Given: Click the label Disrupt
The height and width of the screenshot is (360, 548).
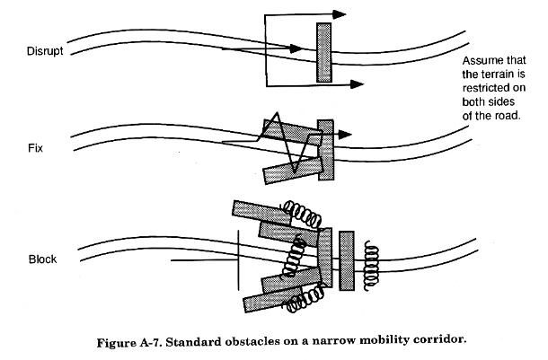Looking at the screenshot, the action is [45, 51].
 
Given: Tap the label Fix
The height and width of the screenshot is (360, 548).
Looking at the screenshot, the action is [35, 148].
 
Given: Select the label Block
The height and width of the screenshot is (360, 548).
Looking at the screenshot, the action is [42, 259].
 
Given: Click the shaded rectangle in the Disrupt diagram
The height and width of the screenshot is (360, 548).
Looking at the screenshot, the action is [324, 53].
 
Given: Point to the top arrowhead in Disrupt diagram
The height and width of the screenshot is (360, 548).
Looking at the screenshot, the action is [339, 14].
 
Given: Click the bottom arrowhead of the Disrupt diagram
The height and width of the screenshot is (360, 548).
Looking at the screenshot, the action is [357, 84].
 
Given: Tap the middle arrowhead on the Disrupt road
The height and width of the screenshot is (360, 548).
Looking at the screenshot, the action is [296, 48].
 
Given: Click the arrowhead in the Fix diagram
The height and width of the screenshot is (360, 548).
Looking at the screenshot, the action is [345, 135].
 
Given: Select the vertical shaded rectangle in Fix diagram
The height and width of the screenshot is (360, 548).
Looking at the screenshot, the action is [326, 150].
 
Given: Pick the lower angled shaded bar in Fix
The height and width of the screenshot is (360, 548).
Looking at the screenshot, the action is [293, 170].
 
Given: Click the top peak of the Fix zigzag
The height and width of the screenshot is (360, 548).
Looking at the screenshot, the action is [278, 113].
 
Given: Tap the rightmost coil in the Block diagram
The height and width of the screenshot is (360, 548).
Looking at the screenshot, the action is [371, 266].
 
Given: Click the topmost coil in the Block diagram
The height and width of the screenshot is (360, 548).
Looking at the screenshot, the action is [303, 213].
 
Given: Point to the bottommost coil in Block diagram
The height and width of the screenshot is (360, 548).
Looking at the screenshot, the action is [305, 299].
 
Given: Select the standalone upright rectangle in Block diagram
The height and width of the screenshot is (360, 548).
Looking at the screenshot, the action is [347, 261].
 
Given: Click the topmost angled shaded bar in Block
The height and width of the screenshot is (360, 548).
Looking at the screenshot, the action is [261, 213].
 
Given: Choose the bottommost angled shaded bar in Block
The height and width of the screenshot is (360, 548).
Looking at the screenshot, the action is [273, 300].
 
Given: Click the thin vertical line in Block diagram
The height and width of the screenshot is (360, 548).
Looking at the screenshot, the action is [239, 260].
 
